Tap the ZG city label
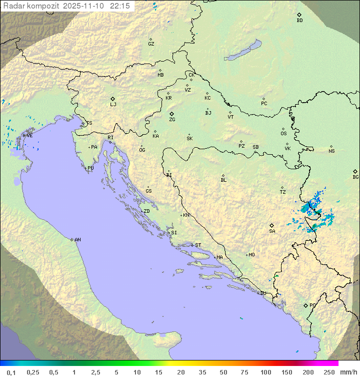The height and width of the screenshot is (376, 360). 172,120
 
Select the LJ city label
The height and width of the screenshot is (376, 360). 113,105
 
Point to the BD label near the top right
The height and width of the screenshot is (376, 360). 299,21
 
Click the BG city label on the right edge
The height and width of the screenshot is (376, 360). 355,177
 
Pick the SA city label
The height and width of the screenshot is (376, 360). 272,231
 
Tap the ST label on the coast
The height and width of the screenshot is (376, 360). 198,245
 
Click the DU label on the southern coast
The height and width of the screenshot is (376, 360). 263,293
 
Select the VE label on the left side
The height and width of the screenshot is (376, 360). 29,136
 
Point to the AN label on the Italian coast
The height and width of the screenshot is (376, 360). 77,240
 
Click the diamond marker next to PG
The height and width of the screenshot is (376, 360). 305,305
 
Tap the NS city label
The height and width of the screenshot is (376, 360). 331,151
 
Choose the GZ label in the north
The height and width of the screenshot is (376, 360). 151,44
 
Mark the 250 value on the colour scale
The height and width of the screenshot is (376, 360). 328,372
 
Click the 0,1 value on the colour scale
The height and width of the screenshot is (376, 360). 11,372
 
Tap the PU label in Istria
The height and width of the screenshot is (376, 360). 90,168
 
